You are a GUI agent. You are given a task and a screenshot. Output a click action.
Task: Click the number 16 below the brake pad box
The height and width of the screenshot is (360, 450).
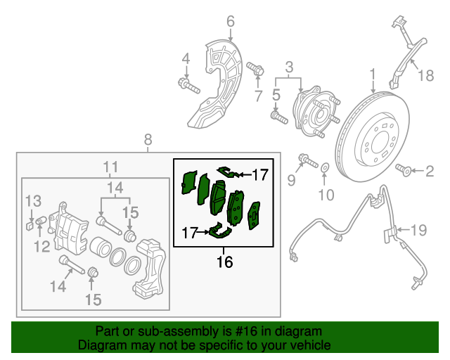coord(224,262)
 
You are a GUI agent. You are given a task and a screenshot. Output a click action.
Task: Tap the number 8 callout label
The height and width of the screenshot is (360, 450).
coord(148,139)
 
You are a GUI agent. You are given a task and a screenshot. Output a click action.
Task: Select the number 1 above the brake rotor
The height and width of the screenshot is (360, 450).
coord(373,73)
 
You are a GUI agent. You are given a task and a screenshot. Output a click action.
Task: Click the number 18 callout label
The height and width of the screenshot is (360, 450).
coord(425,75)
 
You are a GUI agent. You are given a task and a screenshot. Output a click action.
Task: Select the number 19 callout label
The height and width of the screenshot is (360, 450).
coord(418,229)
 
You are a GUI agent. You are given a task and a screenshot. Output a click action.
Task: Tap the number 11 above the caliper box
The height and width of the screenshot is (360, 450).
coord(110,167)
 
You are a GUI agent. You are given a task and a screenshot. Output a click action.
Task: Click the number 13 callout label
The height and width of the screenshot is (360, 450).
coord(34,202)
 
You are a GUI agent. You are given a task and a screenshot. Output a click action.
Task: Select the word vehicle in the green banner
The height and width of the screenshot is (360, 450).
coord(310,345)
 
